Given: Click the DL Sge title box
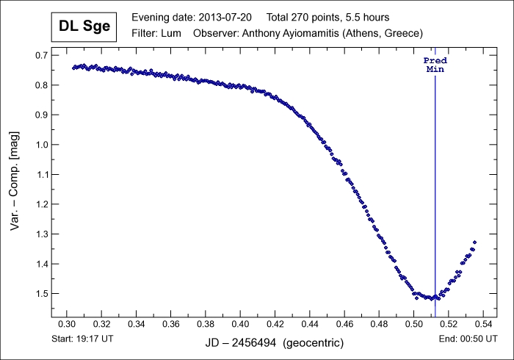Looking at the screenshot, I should click(84, 28).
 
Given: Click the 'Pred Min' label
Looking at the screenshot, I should click(435, 65).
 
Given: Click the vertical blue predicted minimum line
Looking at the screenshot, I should click(435, 184).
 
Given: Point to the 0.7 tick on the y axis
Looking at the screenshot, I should click(42, 56).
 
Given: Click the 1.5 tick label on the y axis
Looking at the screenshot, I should click(42, 294).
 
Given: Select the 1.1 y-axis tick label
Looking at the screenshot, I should click(42, 175).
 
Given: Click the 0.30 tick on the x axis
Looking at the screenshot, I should click(67, 324).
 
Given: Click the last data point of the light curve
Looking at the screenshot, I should click(474, 242).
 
